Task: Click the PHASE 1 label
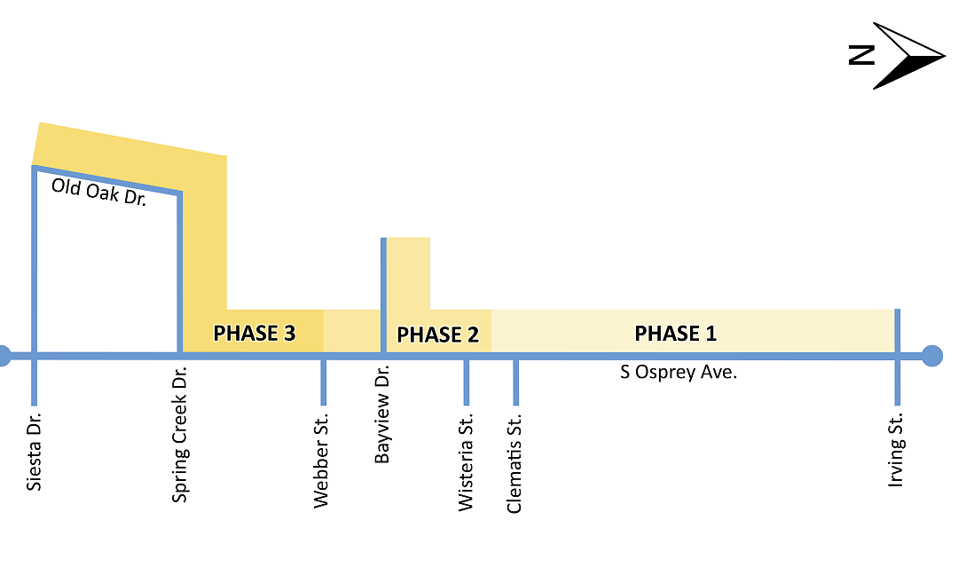[x=675, y=334]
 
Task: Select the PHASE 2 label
[x=437, y=335]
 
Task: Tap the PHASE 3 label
[x=255, y=334]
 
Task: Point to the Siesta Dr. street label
[x=35, y=452]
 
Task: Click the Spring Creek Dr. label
[x=179, y=435]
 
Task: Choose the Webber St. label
[x=321, y=461]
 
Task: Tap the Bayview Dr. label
[x=381, y=414]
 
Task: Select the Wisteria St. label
[x=466, y=462]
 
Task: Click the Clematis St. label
[x=514, y=463]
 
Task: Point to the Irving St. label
[x=896, y=451]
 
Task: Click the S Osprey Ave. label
[x=679, y=372]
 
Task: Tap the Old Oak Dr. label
[x=99, y=192]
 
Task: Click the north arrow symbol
[x=909, y=56]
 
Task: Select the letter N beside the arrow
[x=862, y=55]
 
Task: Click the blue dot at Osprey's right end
[x=931, y=356]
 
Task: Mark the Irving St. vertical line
[x=898, y=358]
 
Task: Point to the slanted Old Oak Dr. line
[x=107, y=180]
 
